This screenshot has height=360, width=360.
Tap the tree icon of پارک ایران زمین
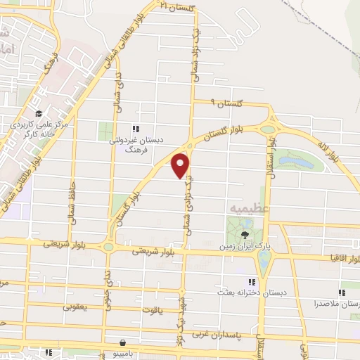pos(245,234)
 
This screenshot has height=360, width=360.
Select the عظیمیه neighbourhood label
pos(243,209)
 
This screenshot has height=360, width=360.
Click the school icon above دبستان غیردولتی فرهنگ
pos(136,129)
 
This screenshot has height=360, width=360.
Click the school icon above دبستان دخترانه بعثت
pos(252,282)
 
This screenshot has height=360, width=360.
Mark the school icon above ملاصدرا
pos(342,292)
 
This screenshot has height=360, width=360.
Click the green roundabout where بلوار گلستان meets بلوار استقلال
pos(268,129)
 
